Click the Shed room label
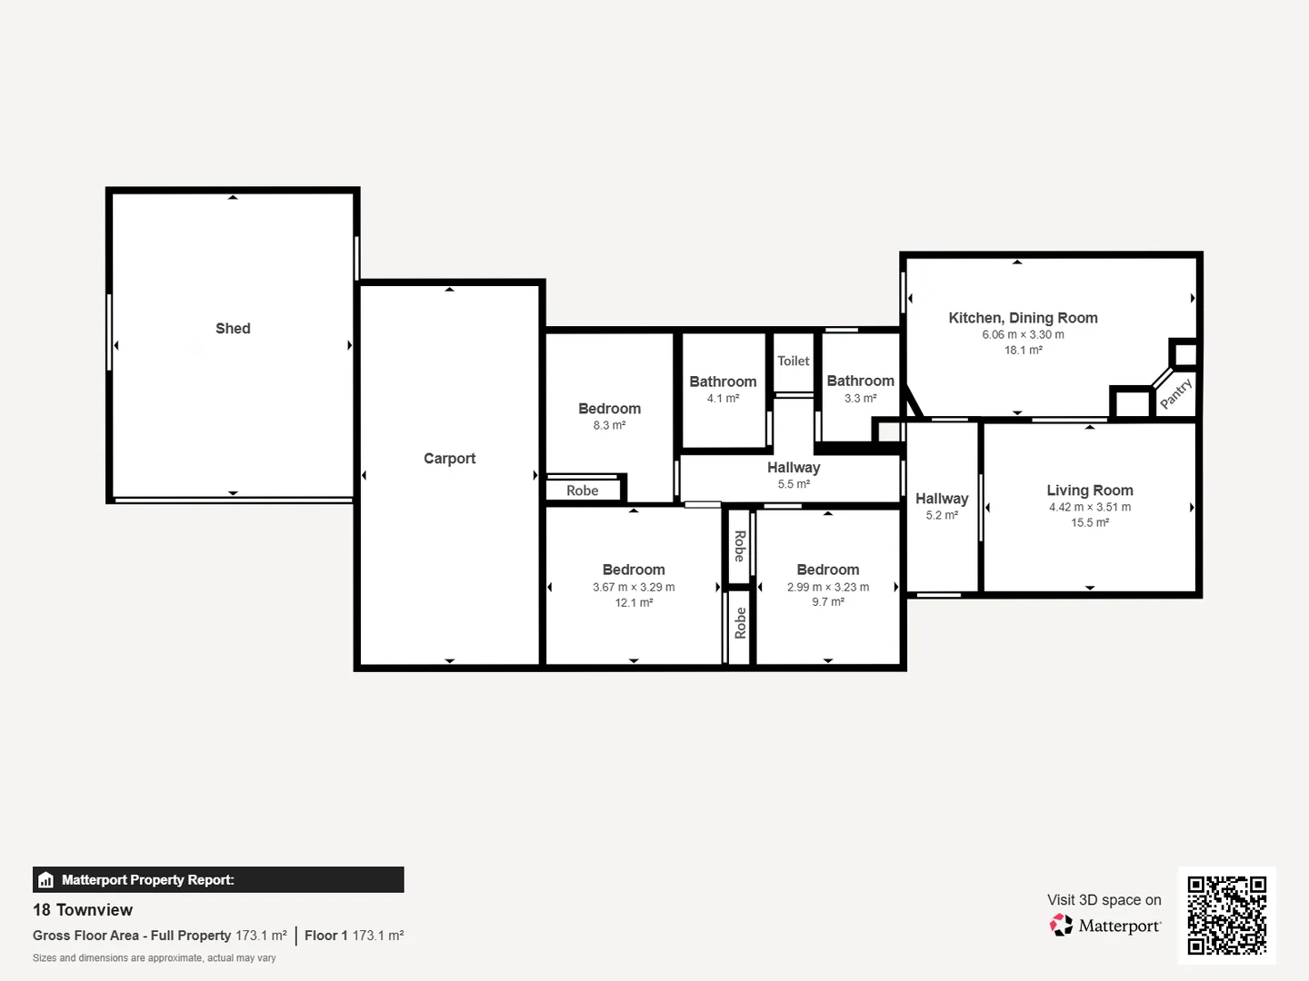233,329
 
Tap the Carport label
449,459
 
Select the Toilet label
793,361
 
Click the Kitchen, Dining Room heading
1023,318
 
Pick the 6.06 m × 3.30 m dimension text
1023,334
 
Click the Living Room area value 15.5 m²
1089,522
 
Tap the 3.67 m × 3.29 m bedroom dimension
634,587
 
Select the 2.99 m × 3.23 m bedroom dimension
827,587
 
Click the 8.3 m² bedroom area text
609,425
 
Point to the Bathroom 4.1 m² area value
723,398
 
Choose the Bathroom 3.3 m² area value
860,398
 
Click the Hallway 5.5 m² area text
794,484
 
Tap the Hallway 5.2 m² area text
942,515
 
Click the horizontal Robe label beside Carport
583,490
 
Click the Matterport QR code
1226,915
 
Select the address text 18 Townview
83,910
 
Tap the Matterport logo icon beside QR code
1061,926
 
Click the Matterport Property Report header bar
218,879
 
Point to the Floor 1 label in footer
326,936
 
